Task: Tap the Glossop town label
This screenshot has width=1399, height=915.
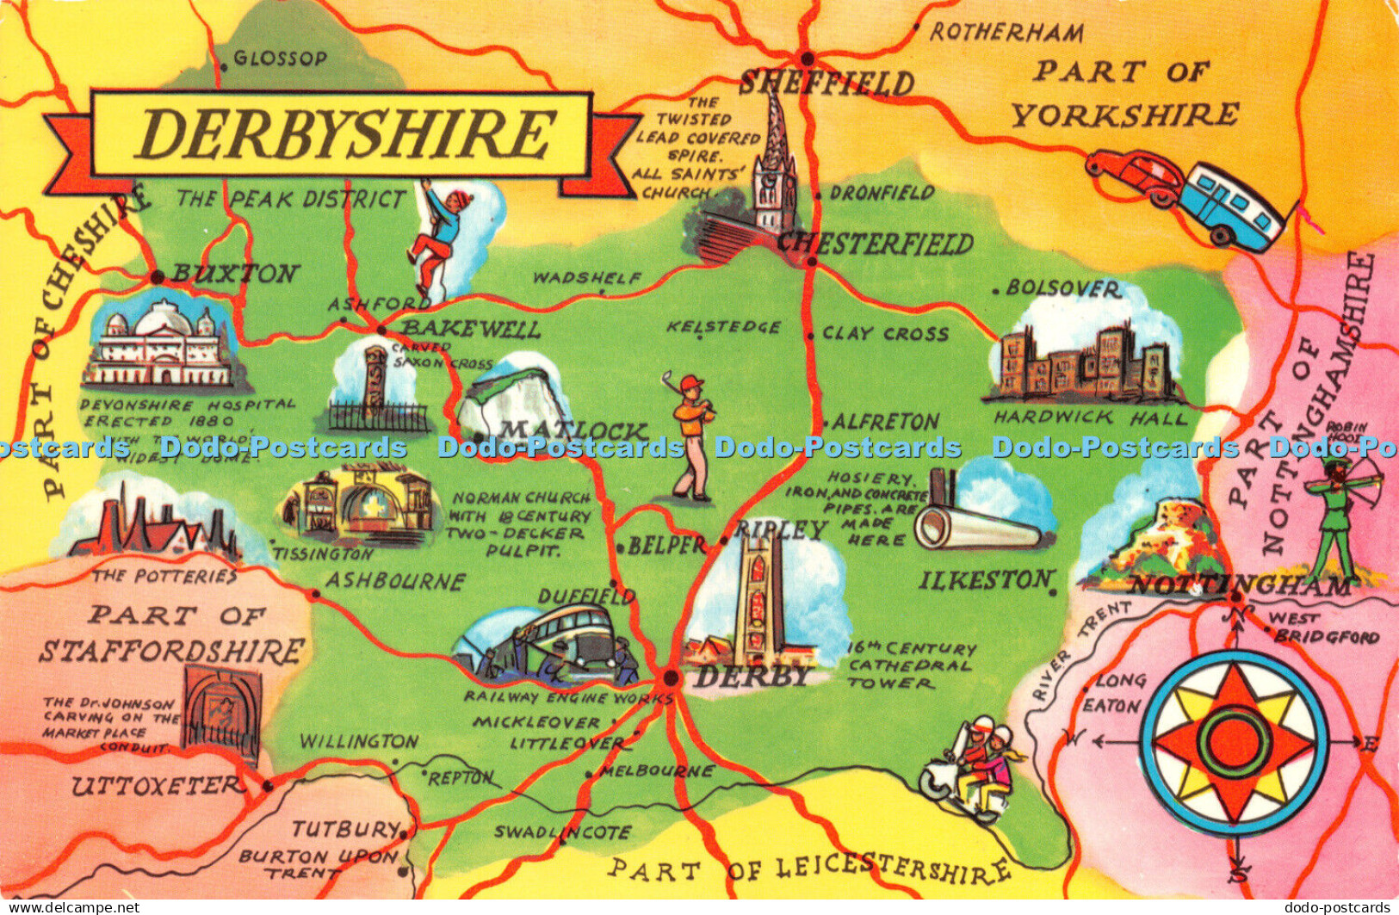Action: click(280, 59)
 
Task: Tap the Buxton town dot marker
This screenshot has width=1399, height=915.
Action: click(157, 277)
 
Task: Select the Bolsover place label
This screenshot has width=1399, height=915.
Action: click(1063, 288)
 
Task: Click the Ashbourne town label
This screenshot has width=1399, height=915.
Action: click(394, 582)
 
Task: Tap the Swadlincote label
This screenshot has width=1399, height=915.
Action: click(563, 832)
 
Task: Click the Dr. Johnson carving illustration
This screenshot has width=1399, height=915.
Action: click(222, 710)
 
